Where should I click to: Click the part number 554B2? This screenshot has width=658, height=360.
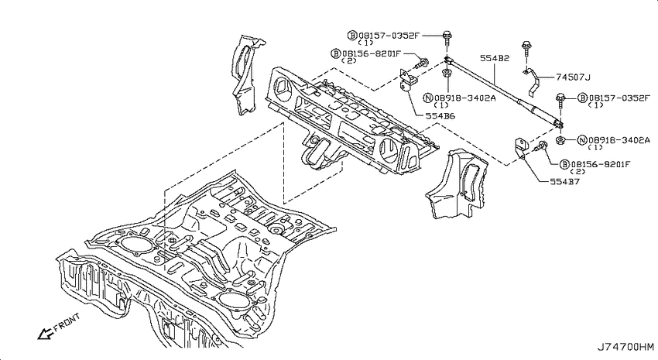click(495, 58)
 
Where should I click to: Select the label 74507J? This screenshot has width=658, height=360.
click(573, 77)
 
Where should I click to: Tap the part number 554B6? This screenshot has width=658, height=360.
click(440, 116)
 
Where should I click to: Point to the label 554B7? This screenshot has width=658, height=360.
click(564, 181)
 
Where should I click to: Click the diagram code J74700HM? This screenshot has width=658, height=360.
click(625, 347)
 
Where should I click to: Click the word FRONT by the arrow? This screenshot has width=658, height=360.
click(67, 322)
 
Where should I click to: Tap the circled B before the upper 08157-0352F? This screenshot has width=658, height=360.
click(352, 36)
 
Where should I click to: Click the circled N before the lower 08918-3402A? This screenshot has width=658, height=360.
click(582, 140)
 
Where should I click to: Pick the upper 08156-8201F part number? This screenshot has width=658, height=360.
click(372, 53)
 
